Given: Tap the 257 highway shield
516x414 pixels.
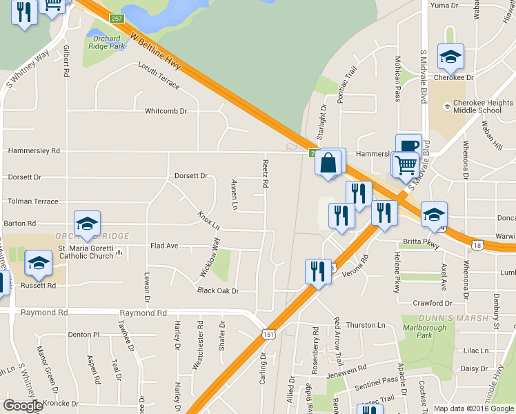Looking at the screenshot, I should [117, 19].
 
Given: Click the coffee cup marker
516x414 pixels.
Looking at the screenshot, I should [408, 146].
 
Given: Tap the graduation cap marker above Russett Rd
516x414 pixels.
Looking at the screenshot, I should [39, 263].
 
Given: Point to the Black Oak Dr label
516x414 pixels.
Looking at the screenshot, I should [217, 291].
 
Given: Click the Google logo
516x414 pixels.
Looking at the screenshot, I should [23, 406].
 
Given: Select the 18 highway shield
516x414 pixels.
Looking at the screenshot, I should [477, 245].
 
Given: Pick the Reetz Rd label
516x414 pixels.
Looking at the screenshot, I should [264, 173].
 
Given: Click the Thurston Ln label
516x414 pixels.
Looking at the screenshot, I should [366, 325].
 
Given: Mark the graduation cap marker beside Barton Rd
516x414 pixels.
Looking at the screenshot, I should [88, 224].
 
